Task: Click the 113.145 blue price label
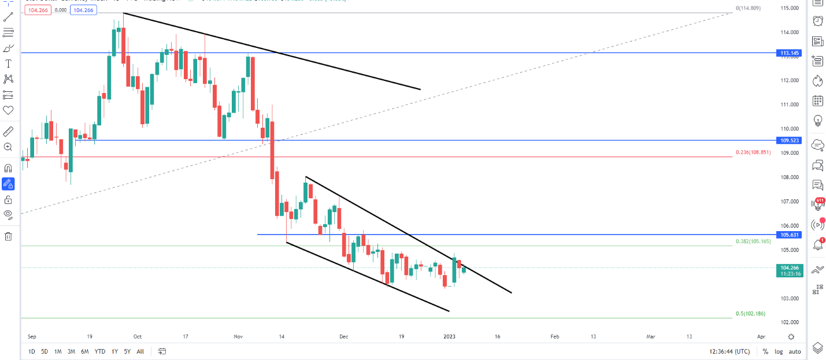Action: (790, 53)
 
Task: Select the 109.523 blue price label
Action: (790, 140)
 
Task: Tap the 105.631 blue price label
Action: (790, 235)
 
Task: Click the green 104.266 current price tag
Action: (790, 268)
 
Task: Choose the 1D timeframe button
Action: (32, 351)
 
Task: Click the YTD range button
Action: (100, 351)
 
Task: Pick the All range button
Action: (140, 351)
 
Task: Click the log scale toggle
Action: (779, 351)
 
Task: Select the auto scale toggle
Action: (795, 351)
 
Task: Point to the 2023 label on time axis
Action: (450, 336)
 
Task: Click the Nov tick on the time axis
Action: (239, 336)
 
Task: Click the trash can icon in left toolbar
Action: (8, 236)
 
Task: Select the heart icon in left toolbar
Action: (8, 110)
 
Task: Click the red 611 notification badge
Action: (820, 201)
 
